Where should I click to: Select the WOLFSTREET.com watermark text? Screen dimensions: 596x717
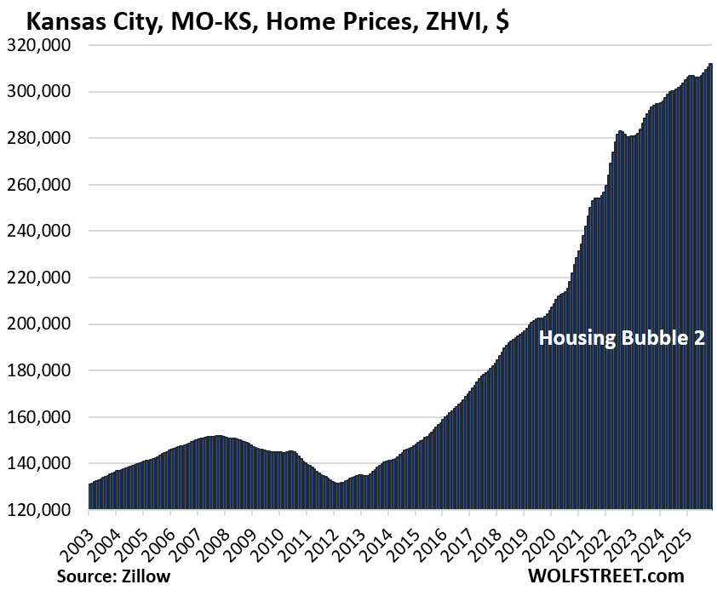[x=606, y=576]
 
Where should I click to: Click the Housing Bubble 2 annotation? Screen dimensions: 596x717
[x=622, y=338]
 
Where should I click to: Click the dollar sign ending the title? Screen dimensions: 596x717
[x=502, y=18]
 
